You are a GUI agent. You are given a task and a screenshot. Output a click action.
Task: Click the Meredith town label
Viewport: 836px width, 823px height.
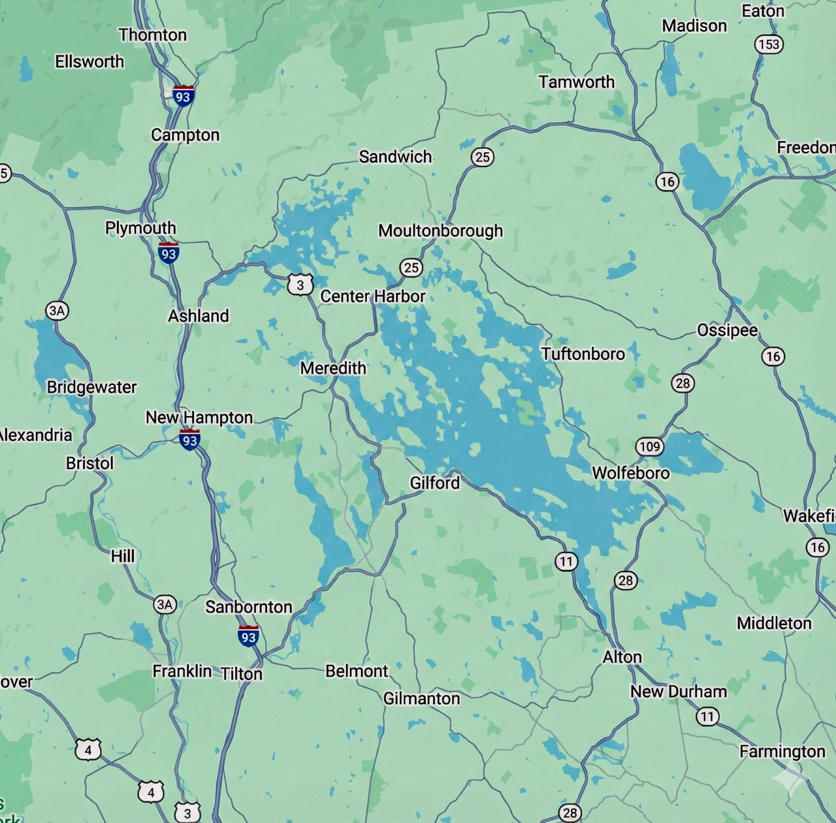coord(333,368)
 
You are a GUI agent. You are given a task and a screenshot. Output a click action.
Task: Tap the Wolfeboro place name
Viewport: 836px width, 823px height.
coord(630,473)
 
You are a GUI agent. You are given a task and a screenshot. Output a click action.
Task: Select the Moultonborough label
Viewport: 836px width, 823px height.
coord(441,231)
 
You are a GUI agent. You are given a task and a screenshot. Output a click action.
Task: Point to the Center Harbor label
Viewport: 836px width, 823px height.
coord(373,297)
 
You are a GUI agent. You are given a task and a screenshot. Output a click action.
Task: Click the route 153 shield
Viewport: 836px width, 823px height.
coord(769,44)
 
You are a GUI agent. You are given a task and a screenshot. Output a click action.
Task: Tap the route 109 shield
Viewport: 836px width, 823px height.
coord(649,447)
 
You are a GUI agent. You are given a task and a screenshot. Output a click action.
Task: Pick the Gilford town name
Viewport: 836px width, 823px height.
coord(435,483)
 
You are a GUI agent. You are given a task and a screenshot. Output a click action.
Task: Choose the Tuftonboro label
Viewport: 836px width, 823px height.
coord(583,354)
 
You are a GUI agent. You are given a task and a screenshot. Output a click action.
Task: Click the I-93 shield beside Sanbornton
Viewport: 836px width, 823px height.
coord(248,636)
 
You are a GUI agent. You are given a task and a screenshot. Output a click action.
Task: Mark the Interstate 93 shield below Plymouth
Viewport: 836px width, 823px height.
coord(169,253)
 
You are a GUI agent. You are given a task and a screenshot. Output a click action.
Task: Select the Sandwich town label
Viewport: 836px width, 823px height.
coord(396,157)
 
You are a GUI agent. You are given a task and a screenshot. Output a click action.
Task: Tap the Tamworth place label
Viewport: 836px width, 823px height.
coord(577,82)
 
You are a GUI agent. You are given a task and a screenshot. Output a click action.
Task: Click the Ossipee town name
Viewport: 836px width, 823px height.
coord(728,331)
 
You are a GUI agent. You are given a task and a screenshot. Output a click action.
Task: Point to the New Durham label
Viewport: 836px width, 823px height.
coord(679,692)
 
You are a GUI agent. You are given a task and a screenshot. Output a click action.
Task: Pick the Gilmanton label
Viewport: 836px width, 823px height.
coord(421,699)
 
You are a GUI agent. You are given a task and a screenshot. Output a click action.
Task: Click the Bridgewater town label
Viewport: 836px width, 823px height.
coord(92,387)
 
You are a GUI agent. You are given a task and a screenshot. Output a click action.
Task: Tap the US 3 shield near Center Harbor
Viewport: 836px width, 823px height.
coord(300,285)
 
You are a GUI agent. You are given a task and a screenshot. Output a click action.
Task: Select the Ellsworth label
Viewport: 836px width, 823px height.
coord(89,61)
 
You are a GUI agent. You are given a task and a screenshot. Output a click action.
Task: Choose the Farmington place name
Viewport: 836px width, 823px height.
coord(782,752)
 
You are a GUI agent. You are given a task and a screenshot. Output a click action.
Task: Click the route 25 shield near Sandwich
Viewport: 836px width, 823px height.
coord(482,157)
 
